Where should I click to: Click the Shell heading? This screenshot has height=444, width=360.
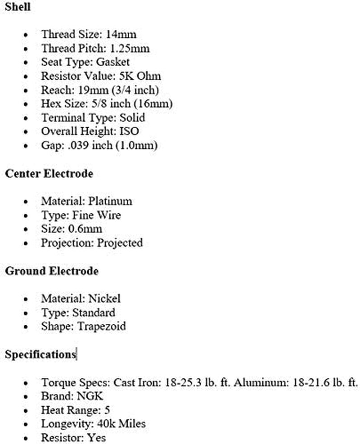[18, 8]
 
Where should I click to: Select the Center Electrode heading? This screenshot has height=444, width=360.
[49, 174]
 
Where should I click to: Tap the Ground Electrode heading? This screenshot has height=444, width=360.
[52, 271]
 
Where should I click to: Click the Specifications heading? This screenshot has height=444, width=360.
[40, 354]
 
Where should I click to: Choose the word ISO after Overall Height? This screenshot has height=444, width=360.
[128, 132]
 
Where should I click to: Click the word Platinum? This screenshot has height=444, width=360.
[110, 201]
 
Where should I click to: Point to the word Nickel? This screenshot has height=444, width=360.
[104, 299]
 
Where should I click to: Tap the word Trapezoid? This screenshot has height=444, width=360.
[102, 327]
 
